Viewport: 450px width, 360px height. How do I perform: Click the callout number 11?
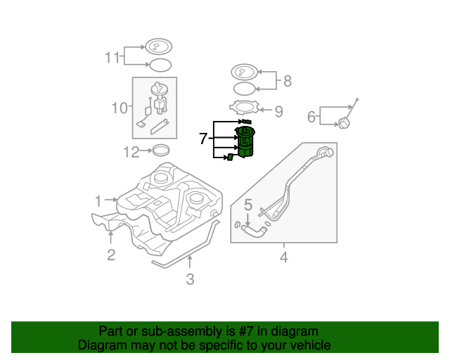click(x=113, y=58)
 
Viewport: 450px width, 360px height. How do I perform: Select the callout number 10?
click(x=119, y=108)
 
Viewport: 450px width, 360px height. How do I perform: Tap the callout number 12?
click(x=131, y=150)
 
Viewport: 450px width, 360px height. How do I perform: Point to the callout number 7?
click(x=203, y=139)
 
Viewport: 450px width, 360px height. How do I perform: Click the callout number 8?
click(x=287, y=81)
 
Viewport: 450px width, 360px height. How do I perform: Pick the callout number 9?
click(x=278, y=111)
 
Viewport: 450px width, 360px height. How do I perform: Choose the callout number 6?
click(x=311, y=116)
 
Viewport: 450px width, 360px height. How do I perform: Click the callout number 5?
click(x=247, y=205)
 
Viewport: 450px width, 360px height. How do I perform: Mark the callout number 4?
click(x=284, y=257)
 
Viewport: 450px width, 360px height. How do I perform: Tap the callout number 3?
click(x=190, y=280)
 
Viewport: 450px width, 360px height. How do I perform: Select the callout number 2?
click(x=111, y=255)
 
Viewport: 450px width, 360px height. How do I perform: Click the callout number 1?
click(x=99, y=200)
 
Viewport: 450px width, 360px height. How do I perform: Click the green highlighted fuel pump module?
click(x=245, y=141)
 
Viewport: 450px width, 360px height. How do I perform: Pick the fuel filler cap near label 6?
click(x=343, y=124)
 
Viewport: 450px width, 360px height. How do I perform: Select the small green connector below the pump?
click(x=229, y=157)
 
